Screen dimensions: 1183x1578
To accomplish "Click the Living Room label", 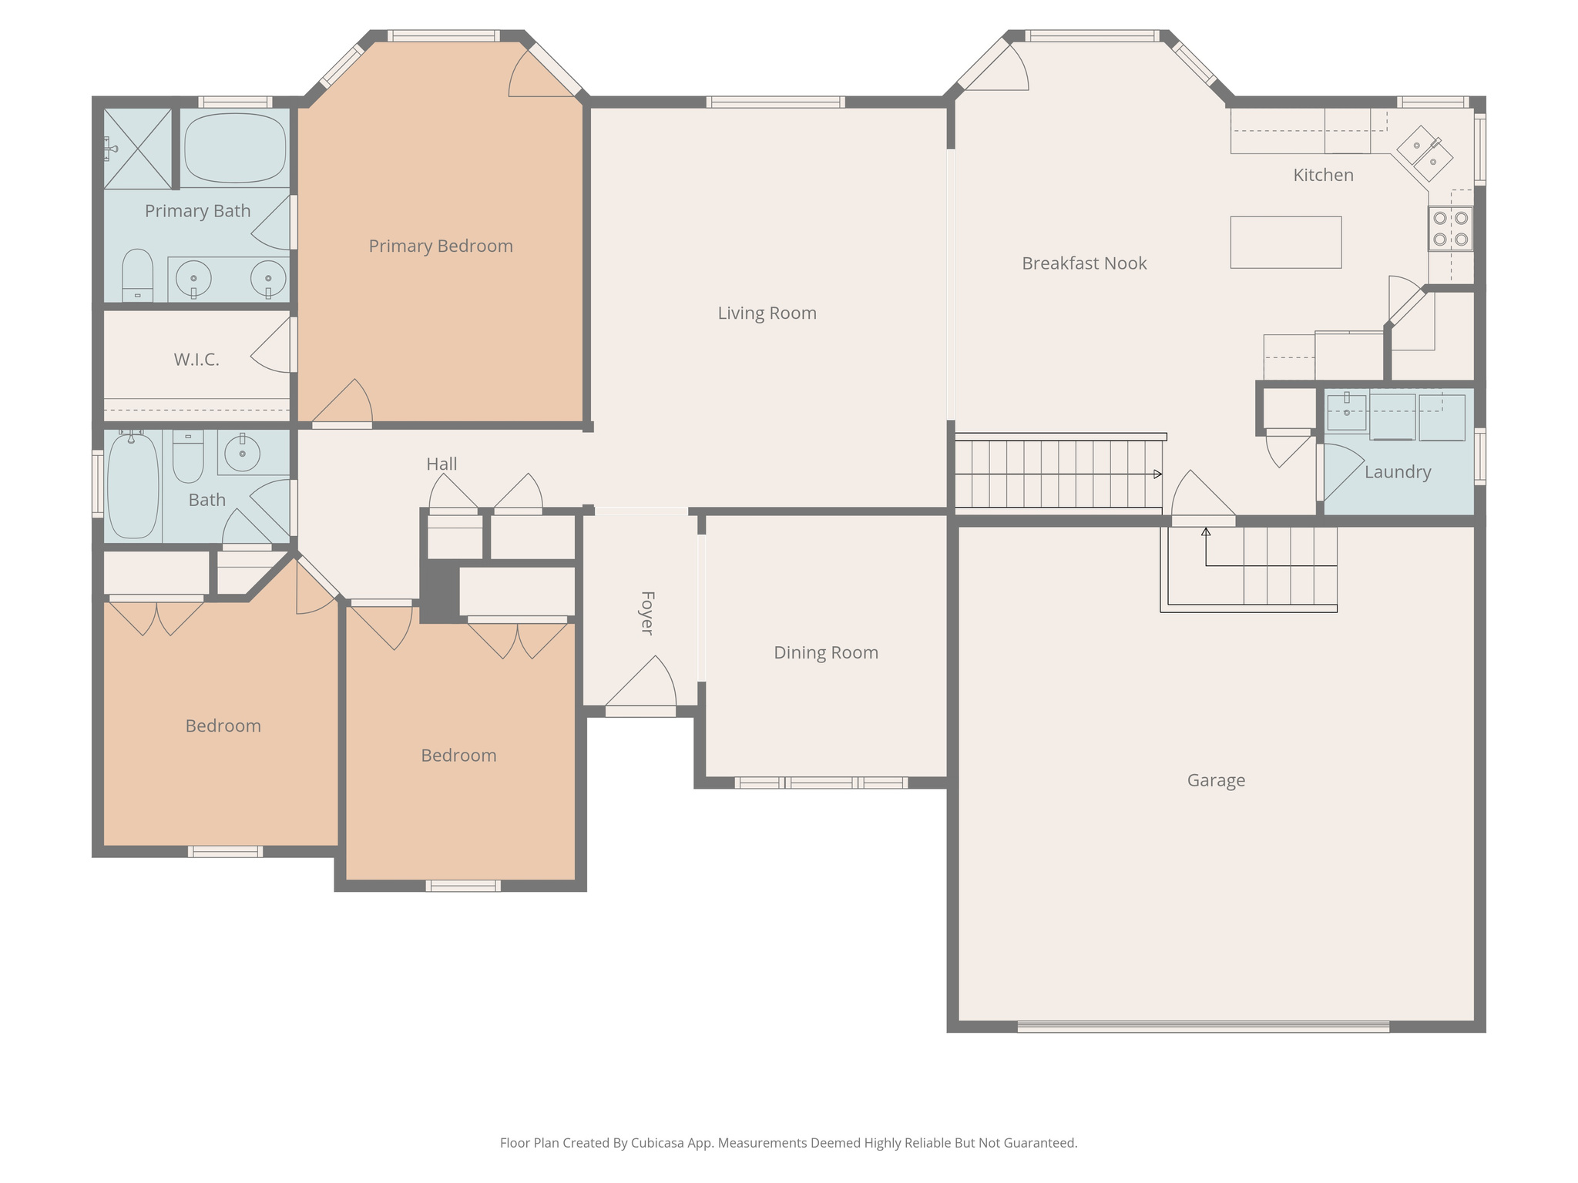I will pyautogui.click(x=767, y=313).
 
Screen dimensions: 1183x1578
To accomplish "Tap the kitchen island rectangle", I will pyautogui.click(x=1285, y=242).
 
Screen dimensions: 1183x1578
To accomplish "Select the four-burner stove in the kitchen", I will pyautogui.click(x=1450, y=229).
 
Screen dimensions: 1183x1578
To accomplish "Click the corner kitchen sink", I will pyautogui.click(x=1425, y=153).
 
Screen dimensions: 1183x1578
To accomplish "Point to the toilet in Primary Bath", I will pyautogui.click(x=137, y=275).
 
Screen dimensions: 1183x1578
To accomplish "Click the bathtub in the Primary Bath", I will pyautogui.click(x=235, y=148).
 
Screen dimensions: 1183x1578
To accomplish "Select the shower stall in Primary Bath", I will pyautogui.click(x=137, y=149).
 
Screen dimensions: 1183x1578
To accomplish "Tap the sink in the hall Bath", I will pyautogui.click(x=243, y=453).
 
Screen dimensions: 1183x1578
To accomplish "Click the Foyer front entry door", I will pyautogui.click(x=640, y=711).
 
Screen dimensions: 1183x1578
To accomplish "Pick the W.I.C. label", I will pyautogui.click(x=196, y=360).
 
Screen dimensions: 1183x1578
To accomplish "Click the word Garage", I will pyautogui.click(x=1216, y=781).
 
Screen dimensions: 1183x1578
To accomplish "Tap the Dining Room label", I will pyautogui.click(x=826, y=653).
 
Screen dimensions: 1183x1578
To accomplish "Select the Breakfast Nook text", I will pyautogui.click(x=1084, y=263).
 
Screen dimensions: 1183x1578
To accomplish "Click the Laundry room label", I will pyautogui.click(x=1398, y=472).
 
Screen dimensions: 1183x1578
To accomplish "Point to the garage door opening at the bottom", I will pyautogui.click(x=1203, y=1026).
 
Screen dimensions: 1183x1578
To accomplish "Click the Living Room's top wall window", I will pyautogui.click(x=775, y=102).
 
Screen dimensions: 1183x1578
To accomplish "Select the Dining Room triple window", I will pyautogui.click(x=821, y=783).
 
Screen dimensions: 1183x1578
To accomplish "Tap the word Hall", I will pyautogui.click(x=442, y=464).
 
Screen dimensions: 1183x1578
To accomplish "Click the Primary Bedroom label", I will pyautogui.click(x=441, y=246).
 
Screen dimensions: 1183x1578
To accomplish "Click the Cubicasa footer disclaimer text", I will pyautogui.click(x=788, y=1143).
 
